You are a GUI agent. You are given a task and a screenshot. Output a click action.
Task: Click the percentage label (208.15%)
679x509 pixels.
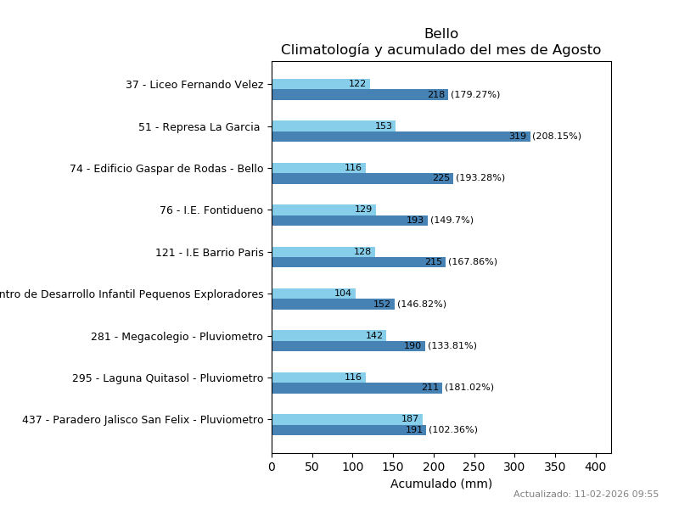pos(557,137)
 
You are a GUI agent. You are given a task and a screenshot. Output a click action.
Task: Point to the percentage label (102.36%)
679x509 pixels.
pos(453,430)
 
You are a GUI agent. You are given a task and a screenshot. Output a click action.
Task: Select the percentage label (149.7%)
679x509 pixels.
pos(452,221)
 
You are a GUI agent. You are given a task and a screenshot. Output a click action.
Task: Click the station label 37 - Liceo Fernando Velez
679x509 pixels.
pos(194,85)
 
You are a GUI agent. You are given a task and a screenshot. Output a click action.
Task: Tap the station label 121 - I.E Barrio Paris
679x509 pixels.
pos(209,253)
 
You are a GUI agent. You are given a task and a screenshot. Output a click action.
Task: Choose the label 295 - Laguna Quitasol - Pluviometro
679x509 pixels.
pos(167,378)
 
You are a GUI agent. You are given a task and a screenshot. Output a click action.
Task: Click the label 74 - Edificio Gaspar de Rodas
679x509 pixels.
pos(166,169)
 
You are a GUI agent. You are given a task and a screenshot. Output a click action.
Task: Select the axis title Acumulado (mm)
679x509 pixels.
pos(441,484)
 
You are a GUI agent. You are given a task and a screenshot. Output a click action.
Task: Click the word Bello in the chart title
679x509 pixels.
pos(441,34)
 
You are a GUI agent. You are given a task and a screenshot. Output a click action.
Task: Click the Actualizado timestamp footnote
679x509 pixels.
pos(586,495)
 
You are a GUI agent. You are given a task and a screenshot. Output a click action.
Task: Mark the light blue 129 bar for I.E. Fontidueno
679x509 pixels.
pos(323,210)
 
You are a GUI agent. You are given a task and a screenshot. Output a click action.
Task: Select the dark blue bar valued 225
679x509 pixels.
pos(362,178)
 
